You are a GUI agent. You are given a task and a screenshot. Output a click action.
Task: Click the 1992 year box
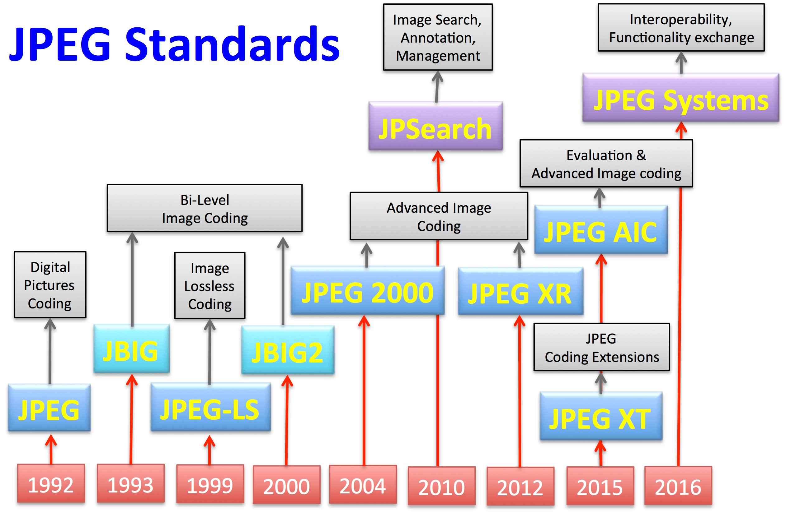(x=51, y=484)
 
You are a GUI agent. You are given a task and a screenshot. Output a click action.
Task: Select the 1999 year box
(x=210, y=484)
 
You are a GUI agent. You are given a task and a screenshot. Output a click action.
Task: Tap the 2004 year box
(x=363, y=485)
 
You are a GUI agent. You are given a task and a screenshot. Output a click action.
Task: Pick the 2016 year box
(x=678, y=486)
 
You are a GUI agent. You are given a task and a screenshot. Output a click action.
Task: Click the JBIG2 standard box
(x=288, y=350)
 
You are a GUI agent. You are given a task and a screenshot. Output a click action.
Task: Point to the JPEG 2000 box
(x=367, y=291)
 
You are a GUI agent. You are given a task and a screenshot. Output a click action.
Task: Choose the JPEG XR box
(x=520, y=292)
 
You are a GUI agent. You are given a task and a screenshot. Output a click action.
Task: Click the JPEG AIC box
(x=601, y=230)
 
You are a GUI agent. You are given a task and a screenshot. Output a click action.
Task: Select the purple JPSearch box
(x=435, y=126)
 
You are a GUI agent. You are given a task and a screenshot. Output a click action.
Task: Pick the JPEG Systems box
(x=681, y=98)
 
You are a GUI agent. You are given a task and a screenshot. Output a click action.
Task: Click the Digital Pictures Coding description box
(x=50, y=285)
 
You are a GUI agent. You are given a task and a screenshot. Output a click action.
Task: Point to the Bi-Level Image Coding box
(x=205, y=208)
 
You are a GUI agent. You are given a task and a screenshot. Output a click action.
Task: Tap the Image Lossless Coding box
(x=210, y=286)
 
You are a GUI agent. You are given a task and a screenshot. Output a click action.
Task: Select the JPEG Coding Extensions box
(x=601, y=347)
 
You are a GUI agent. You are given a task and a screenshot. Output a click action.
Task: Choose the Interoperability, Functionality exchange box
(x=681, y=28)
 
